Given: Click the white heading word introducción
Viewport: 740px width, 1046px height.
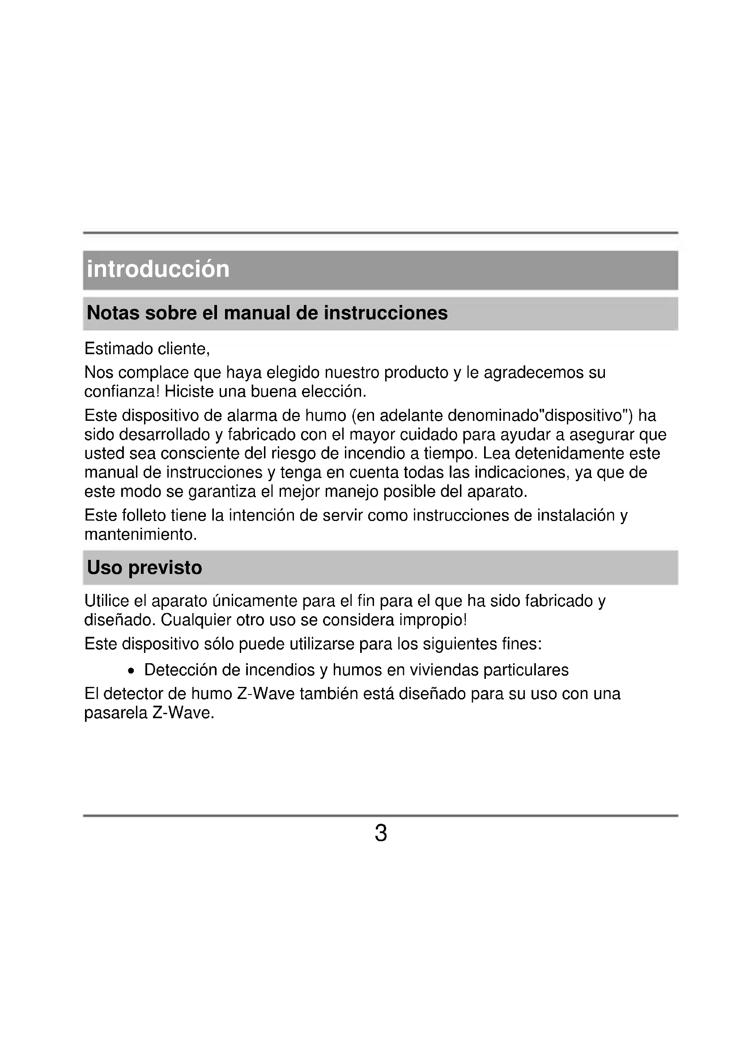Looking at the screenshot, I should pyautogui.click(x=158, y=269).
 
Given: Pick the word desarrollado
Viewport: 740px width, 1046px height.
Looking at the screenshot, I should pyautogui.click(x=164, y=435).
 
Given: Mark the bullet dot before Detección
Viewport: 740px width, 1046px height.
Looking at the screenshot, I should pyautogui.click(x=132, y=671).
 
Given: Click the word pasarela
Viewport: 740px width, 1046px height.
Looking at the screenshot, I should pyautogui.click(x=116, y=713).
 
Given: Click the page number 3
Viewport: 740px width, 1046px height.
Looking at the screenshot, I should pyautogui.click(x=380, y=833).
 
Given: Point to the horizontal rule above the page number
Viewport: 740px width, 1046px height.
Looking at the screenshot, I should pyautogui.click(x=380, y=816).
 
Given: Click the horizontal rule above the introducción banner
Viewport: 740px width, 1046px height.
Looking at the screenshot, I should pyautogui.click(x=380, y=233).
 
